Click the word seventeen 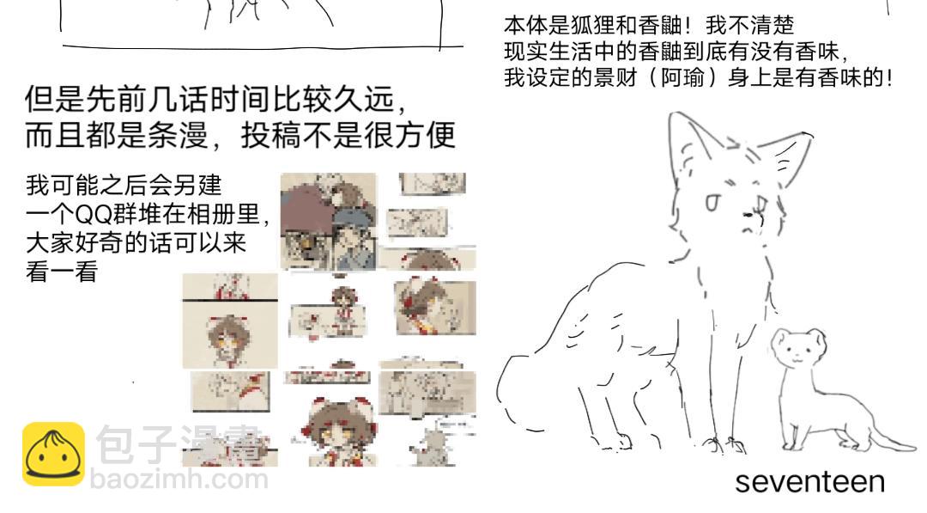pyautogui.click(x=809, y=482)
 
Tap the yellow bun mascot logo pyautogui.click(x=53, y=454)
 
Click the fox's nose pyautogui.click(x=748, y=214)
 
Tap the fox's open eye pyautogui.click(x=712, y=202)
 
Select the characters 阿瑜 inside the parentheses pyautogui.click(x=682, y=78)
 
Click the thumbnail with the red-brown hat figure pyautogui.click(x=328, y=221)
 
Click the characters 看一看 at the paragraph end pyautogui.click(x=62, y=272)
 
